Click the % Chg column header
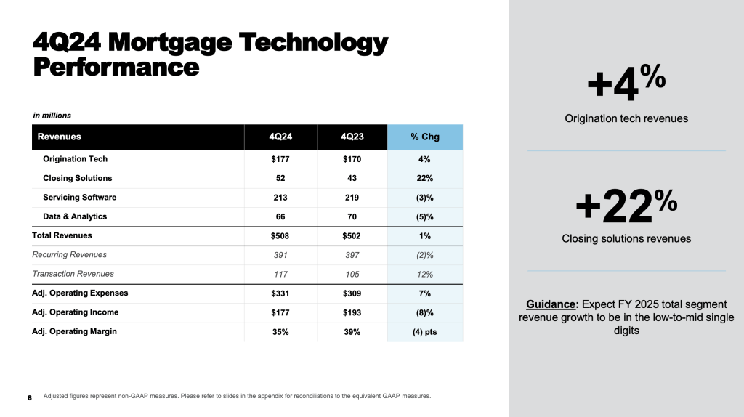coord(425,137)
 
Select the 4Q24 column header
coord(280,137)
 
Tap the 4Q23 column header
coord(352,137)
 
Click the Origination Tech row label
coord(76,159)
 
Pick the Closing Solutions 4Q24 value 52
coord(280,178)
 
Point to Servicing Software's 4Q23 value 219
coord(352,197)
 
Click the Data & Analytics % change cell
coord(425,216)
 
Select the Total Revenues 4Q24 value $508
coord(280,235)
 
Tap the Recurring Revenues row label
coord(70,255)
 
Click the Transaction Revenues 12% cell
coord(425,274)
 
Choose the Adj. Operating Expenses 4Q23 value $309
coord(352,293)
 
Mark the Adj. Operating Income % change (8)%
coord(425,312)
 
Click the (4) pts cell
coord(425,331)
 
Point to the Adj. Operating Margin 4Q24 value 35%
coord(280,331)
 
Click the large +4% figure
coord(626,83)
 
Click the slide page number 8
coord(30,397)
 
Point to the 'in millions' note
coord(52,116)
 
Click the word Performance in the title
coord(116,67)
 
